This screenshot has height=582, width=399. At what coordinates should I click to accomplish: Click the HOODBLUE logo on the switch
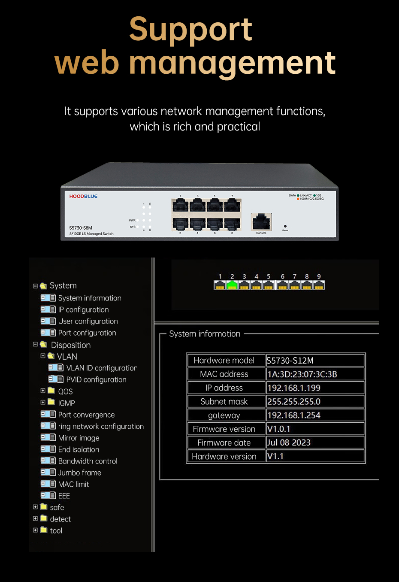click(x=83, y=196)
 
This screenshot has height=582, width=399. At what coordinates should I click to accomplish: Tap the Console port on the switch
click(x=261, y=222)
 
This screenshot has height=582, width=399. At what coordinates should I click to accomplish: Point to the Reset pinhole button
click(x=285, y=226)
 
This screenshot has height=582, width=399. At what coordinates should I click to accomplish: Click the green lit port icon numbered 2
click(x=232, y=285)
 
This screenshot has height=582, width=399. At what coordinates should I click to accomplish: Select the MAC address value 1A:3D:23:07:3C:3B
click(x=302, y=374)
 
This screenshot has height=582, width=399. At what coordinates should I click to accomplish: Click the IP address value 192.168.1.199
click(x=294, y=388)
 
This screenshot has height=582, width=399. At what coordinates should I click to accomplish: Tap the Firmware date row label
click(x=224, y=443)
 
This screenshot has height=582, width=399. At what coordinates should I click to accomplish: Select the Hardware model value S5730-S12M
click(x=290, y=361)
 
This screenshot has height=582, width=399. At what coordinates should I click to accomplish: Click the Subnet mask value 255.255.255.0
click(x=294, y=402)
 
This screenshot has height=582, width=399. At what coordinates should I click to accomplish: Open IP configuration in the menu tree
click(x=83, y=309)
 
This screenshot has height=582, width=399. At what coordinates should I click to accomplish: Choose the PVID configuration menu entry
click(x=96, y=379)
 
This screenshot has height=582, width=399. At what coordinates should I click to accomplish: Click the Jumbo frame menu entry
click(x=80, y=473)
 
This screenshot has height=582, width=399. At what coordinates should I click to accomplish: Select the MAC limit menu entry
click(x=74, y=484)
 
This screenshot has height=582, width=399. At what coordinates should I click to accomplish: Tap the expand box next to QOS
click(x=43, y=391)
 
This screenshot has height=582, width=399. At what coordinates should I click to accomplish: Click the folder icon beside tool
click(x=44, y=530)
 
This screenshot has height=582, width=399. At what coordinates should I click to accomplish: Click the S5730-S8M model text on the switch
click(x=81, y=228)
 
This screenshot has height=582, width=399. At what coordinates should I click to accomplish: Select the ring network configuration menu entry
click(x=101, y=426)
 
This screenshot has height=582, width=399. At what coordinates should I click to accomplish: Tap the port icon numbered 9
click(x=319, y=285)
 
